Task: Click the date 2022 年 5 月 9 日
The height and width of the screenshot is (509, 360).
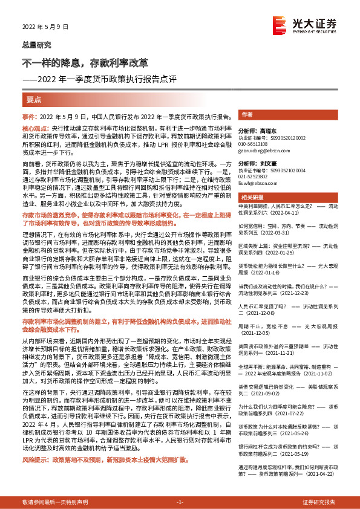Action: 40,27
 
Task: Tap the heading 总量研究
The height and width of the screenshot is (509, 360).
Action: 37,45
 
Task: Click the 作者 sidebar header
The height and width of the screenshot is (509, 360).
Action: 246,114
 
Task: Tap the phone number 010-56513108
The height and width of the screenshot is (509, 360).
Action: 256,143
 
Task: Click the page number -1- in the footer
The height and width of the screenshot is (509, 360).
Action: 180,502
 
